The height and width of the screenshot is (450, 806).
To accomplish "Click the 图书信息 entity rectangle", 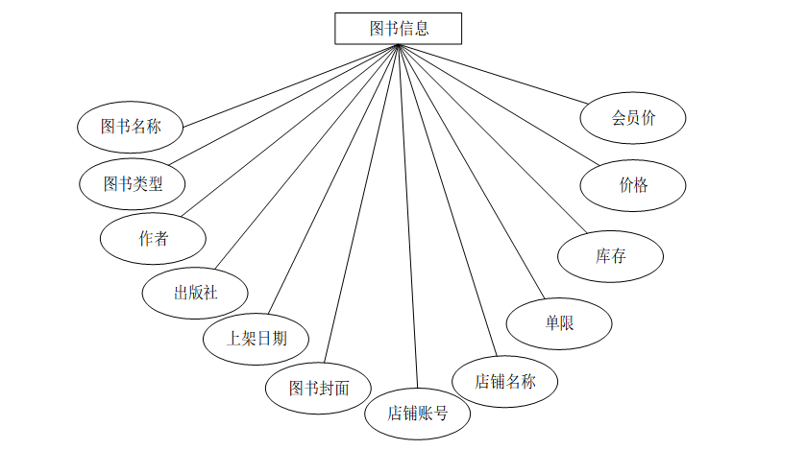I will coord(398,29).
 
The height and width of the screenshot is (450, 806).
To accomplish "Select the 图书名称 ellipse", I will coord(131,125).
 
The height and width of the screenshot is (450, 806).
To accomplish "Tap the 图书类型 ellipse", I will coord(132,182).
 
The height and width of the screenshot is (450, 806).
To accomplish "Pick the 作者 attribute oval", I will coord(153,238).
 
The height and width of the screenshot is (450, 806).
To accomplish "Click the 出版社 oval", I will coord(195,292).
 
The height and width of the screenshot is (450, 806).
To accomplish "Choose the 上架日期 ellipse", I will coord(256,338).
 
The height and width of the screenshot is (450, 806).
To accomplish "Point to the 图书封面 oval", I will coord(319,388).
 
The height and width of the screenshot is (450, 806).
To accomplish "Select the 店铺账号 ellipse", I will coord(417,414).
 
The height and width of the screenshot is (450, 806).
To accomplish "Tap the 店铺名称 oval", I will coord(504,381).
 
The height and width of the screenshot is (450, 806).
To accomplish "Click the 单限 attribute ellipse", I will coord(559,323).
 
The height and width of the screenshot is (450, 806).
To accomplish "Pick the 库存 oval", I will coord(610,256).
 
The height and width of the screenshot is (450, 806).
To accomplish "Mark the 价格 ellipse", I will coord(633,185).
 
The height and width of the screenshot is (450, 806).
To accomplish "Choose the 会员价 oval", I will coord(633,118).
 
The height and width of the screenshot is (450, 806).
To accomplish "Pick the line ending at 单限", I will coord(471,173).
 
